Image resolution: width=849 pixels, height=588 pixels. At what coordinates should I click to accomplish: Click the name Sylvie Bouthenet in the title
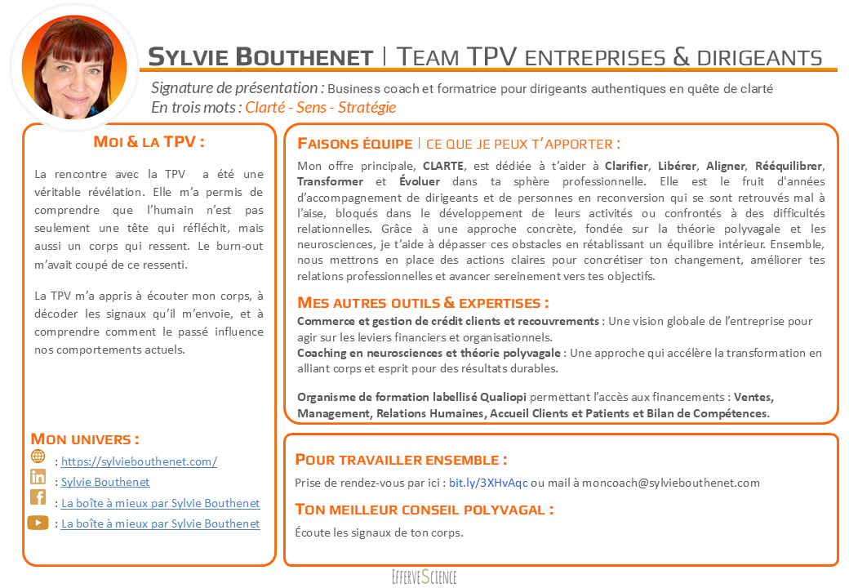tap(260, 56)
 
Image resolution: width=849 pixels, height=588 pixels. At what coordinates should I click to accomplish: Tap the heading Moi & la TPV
tap(149, 142)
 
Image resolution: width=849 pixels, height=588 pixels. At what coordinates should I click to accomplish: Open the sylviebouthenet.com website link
tap(139, 461)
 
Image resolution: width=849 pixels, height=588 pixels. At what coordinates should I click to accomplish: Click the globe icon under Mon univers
tap(38, 456)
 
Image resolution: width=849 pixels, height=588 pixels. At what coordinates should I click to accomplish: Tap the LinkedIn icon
tap(38, 477)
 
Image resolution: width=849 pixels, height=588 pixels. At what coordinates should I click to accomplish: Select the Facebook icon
tap(38, 497)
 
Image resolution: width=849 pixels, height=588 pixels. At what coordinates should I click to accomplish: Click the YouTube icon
tap(38, 523)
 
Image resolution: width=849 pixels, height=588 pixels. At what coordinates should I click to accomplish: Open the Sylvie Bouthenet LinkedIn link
tap(105, 482)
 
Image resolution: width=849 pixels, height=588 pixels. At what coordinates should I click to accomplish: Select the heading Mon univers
tap(84, 439)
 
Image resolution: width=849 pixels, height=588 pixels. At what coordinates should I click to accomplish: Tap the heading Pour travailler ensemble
tap(401, 460)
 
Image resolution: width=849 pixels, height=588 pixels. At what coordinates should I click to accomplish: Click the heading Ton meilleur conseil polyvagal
tap(424, 510)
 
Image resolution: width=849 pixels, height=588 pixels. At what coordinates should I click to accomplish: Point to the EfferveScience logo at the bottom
tap(424, 577)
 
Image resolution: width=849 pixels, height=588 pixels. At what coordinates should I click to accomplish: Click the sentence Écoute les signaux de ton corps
tap(379, 533)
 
